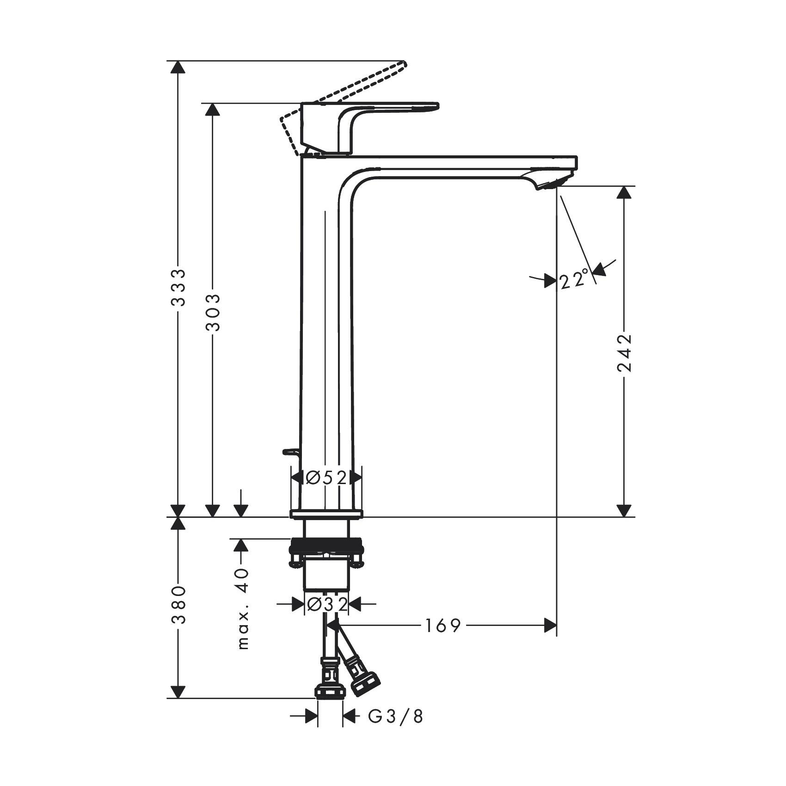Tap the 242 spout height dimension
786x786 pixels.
[624, 352]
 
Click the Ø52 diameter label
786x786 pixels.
[326, 477]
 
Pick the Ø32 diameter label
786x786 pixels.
[327, 604]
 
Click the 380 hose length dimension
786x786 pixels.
[178, 605]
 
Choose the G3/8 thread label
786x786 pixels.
[396, 730]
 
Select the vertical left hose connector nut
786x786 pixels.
[330, 704]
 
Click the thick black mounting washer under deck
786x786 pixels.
[326, 549]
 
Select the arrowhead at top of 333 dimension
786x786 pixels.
[178, 68]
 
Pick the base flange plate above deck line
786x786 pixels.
[326, 514]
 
